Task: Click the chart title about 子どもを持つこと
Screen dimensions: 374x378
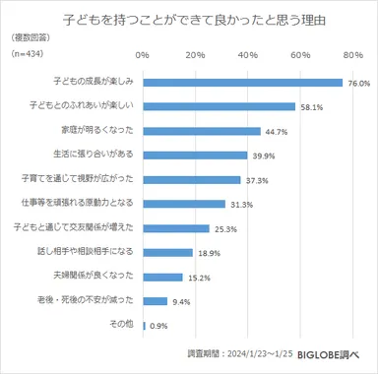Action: click(188, 18)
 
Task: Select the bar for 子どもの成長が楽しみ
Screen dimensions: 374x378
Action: click(242, 82)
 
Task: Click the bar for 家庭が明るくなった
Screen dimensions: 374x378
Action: click(202, 130)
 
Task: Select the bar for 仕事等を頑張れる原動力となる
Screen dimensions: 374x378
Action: click(184, 203)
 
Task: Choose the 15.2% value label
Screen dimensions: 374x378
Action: click(197, 277)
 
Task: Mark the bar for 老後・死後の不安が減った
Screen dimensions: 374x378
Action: click(156, 300)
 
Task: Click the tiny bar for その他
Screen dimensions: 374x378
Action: click(145, 325)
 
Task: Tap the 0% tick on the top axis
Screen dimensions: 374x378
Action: click(144, 54)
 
